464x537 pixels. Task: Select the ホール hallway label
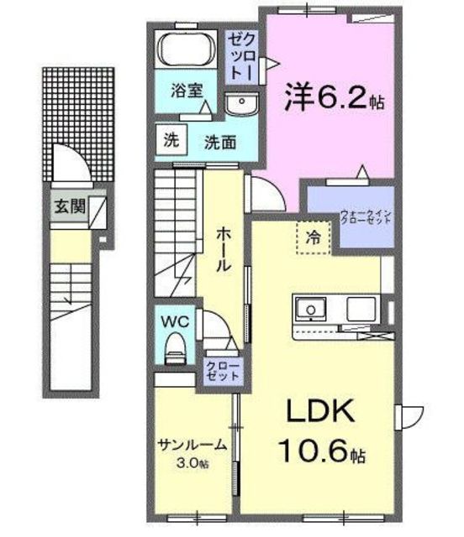pyautogui.click(x=222, y=249)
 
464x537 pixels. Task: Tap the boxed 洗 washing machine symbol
pyautogui.click(x=171, y=139)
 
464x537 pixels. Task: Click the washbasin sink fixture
pyautogui.click(x=240, y=104)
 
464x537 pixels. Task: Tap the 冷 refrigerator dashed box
pyautogui.click(x=312, y=238)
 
